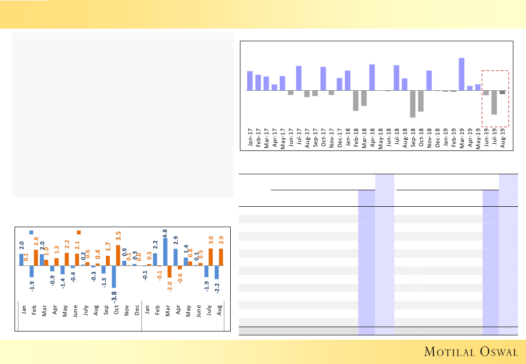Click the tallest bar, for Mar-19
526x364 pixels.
tap(461, 74)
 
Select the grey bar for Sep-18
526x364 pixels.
tap(413, 104)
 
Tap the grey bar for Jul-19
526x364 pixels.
tap(494, 102)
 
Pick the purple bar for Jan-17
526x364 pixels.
tap(250, 81)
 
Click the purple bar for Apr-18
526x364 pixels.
tap(372, 77)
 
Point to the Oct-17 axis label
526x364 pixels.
tap(323, 138)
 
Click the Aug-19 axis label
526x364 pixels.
tap(502, 138)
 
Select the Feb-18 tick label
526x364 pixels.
tap(356, 138)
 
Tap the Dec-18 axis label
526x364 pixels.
tap(437, 138)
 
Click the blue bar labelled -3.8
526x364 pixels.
tap(114, 277)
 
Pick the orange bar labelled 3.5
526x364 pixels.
tap(118, 255)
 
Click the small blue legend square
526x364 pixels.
tap(32, 232)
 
